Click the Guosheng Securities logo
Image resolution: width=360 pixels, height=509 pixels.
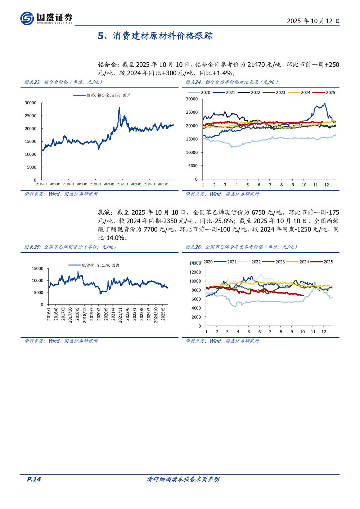tap(46, 18)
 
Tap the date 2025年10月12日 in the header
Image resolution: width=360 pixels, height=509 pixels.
tap(313, 21)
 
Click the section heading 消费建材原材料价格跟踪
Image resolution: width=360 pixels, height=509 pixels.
tap(162, 36)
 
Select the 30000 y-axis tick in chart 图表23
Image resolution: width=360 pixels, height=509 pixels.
tap(31, 103)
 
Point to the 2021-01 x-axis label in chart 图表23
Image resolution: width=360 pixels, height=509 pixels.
tap(109, 184)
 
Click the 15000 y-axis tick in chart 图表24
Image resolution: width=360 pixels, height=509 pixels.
tap(192, 139)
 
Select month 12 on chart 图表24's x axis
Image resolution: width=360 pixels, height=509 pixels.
tap(327, 185)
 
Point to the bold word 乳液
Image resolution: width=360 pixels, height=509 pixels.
tap(105, 213)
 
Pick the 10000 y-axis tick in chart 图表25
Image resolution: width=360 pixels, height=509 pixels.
tap(37, 280)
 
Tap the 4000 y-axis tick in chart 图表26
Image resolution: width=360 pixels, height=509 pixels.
tap(196, 308)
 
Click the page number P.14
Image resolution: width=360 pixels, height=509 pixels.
tap(34, 479)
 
